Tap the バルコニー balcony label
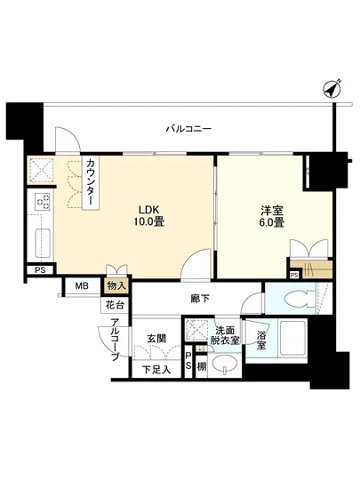coord(188,130)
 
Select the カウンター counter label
coord(92,184)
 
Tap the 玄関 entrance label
coord(158,338)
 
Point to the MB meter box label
coord(82,285)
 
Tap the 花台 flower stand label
coord(114,304)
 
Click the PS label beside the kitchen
coord(40,270)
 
